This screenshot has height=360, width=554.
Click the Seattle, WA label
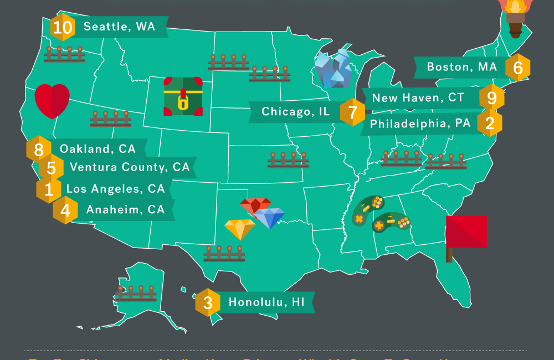[119, 26]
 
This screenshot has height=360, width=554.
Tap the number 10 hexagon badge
[62, 27]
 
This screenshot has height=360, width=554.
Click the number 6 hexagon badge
[518, 68]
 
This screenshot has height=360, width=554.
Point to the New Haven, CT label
[418, 98]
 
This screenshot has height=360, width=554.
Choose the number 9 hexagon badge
[491, 98]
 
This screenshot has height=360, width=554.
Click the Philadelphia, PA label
[420, 124]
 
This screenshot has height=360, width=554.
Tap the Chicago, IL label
[295, 112]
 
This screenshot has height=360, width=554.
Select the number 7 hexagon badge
[352, 112]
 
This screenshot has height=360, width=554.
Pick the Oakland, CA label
[98, 148]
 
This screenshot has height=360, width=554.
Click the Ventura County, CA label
[130, 167]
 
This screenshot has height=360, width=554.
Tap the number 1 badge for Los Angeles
[49, 189]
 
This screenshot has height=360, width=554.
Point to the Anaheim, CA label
[125, 210]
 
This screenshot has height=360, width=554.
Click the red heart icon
[52, 101]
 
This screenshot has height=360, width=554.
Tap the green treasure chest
[183, 96]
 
